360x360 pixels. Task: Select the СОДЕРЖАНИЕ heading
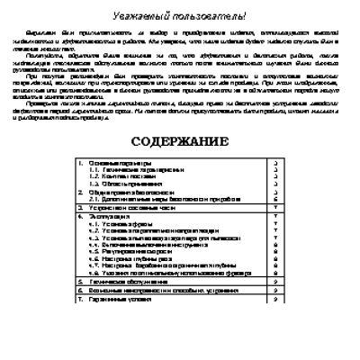click(179, 141)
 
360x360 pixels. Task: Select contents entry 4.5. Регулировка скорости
click(125, 252)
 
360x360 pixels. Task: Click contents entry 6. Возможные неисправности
click(148, 290)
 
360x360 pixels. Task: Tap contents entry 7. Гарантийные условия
click(118, 298)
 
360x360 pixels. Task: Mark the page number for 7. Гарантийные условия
click(273, 298)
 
